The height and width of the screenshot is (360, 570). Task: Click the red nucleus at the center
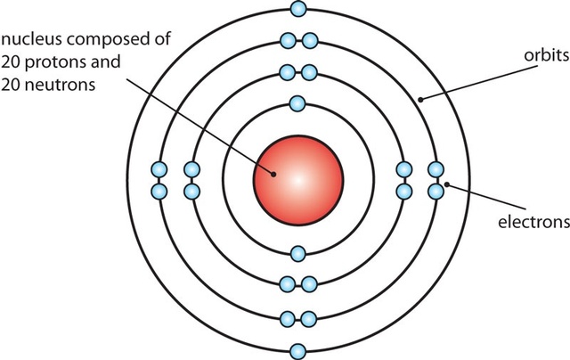(x=298, y=177)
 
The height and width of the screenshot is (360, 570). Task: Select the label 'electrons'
(x=533, y=220)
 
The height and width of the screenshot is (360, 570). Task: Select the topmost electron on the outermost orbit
(x=298, y=9)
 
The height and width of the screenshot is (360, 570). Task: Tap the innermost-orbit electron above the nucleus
(x=298, y=102)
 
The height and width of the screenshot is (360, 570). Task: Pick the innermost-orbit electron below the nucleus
(x=298, y=253)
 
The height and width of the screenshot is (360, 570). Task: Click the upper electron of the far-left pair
(x=160, y=169)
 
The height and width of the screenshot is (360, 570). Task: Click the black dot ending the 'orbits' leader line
(x=419, y=98)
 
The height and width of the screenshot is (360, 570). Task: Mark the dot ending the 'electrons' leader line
(x=446, y=185)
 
